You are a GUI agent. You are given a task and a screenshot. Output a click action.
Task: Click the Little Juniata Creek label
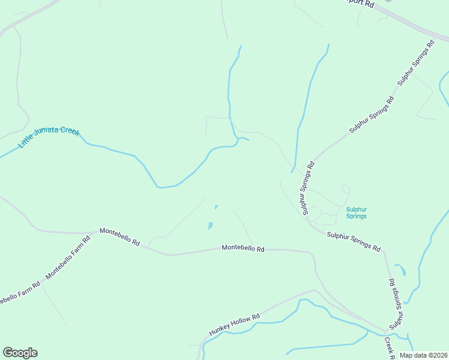coord(49,139)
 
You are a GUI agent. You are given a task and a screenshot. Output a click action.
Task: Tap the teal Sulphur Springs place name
coord(356,212)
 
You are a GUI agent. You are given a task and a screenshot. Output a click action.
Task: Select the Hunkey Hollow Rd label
coord(234,325)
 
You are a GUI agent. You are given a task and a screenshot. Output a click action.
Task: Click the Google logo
coord(20,353)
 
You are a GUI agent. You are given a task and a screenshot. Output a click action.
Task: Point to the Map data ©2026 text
coord(423,355)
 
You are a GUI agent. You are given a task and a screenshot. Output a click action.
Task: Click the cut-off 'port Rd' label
coord(361,4)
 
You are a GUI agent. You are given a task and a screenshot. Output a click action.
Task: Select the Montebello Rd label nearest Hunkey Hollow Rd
coord(243,247)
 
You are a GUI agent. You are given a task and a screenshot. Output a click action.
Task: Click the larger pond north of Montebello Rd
coord(210,226)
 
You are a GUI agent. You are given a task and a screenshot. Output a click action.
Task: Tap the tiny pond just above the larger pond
coord(216,208)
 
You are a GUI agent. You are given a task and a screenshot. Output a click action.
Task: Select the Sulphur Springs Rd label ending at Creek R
coord(394,303)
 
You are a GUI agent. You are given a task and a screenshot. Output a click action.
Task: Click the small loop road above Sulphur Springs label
coord(345,189)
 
